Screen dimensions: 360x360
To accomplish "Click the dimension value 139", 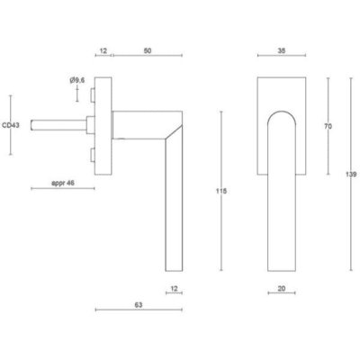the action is (x=353, y=174).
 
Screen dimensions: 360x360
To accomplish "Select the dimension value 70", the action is (x=328, y=127).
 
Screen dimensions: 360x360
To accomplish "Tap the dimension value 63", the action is (x=139, y=305).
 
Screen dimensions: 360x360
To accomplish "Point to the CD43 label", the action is (x=11, y=125).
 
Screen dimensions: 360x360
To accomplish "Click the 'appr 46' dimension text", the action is (x=63, y=183).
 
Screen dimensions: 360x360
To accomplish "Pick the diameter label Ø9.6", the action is (x=77, y=80).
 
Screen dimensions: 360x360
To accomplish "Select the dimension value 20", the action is (x=282, y=289).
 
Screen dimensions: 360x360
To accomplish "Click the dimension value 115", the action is (x=221, y=191).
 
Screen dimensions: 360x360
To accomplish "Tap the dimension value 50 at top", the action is (x=148, y=50).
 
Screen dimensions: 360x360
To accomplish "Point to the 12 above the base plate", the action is (x=103, y=50).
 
